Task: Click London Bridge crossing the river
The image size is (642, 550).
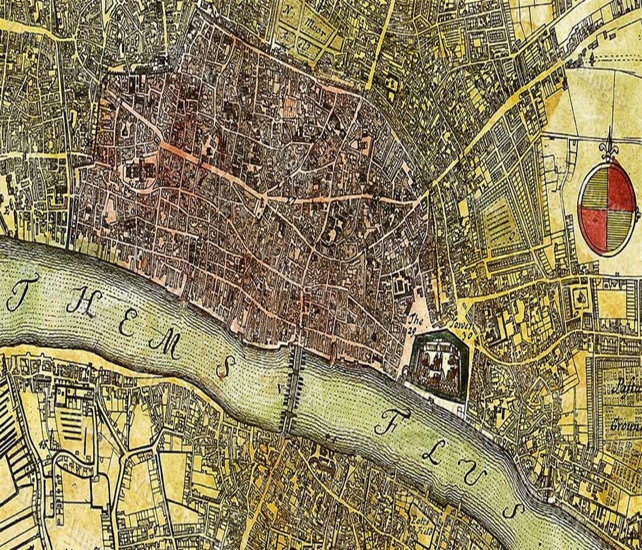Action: [293, 388]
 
